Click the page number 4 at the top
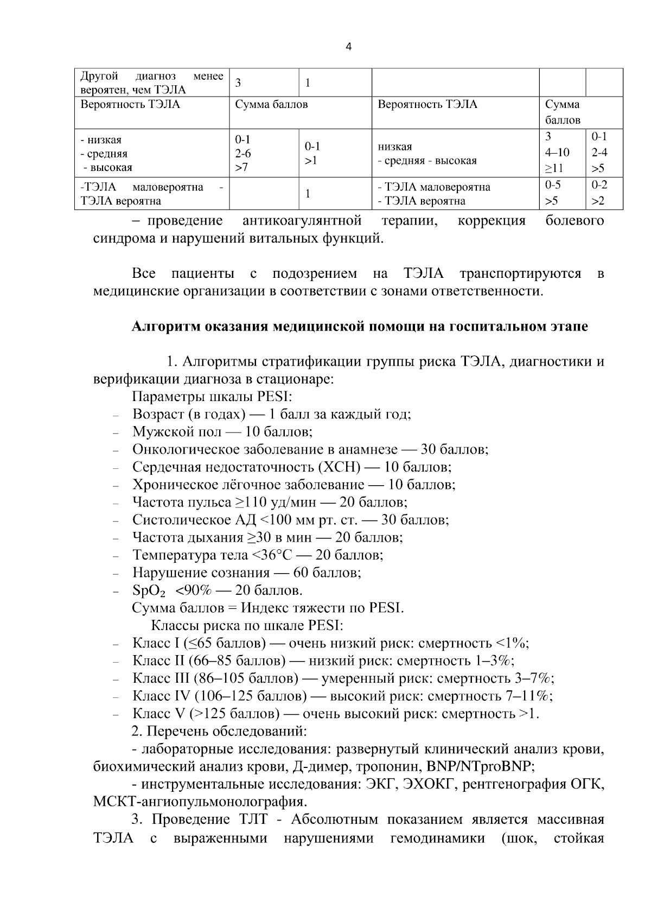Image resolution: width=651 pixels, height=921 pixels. tap(348, 47)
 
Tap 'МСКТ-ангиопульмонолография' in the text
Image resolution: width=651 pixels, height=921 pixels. tap(199, 802)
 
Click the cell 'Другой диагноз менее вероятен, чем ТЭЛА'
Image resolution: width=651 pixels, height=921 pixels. tap(151, 83)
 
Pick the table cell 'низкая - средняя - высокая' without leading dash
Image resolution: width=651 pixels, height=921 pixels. tap(427, 154)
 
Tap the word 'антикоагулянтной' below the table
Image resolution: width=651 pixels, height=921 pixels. tap(302, 221)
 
